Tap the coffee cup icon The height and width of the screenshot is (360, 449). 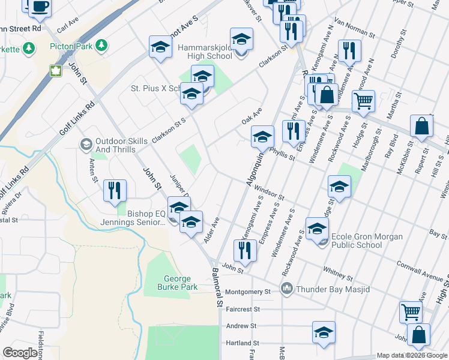40,7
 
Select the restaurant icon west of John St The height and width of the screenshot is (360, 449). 115,191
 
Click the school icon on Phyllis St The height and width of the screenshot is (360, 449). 262,137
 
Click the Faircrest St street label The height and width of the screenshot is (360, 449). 243,309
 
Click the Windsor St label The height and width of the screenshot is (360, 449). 268,190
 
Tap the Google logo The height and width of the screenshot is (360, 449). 20,353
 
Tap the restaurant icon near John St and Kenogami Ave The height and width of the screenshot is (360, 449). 245,250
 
